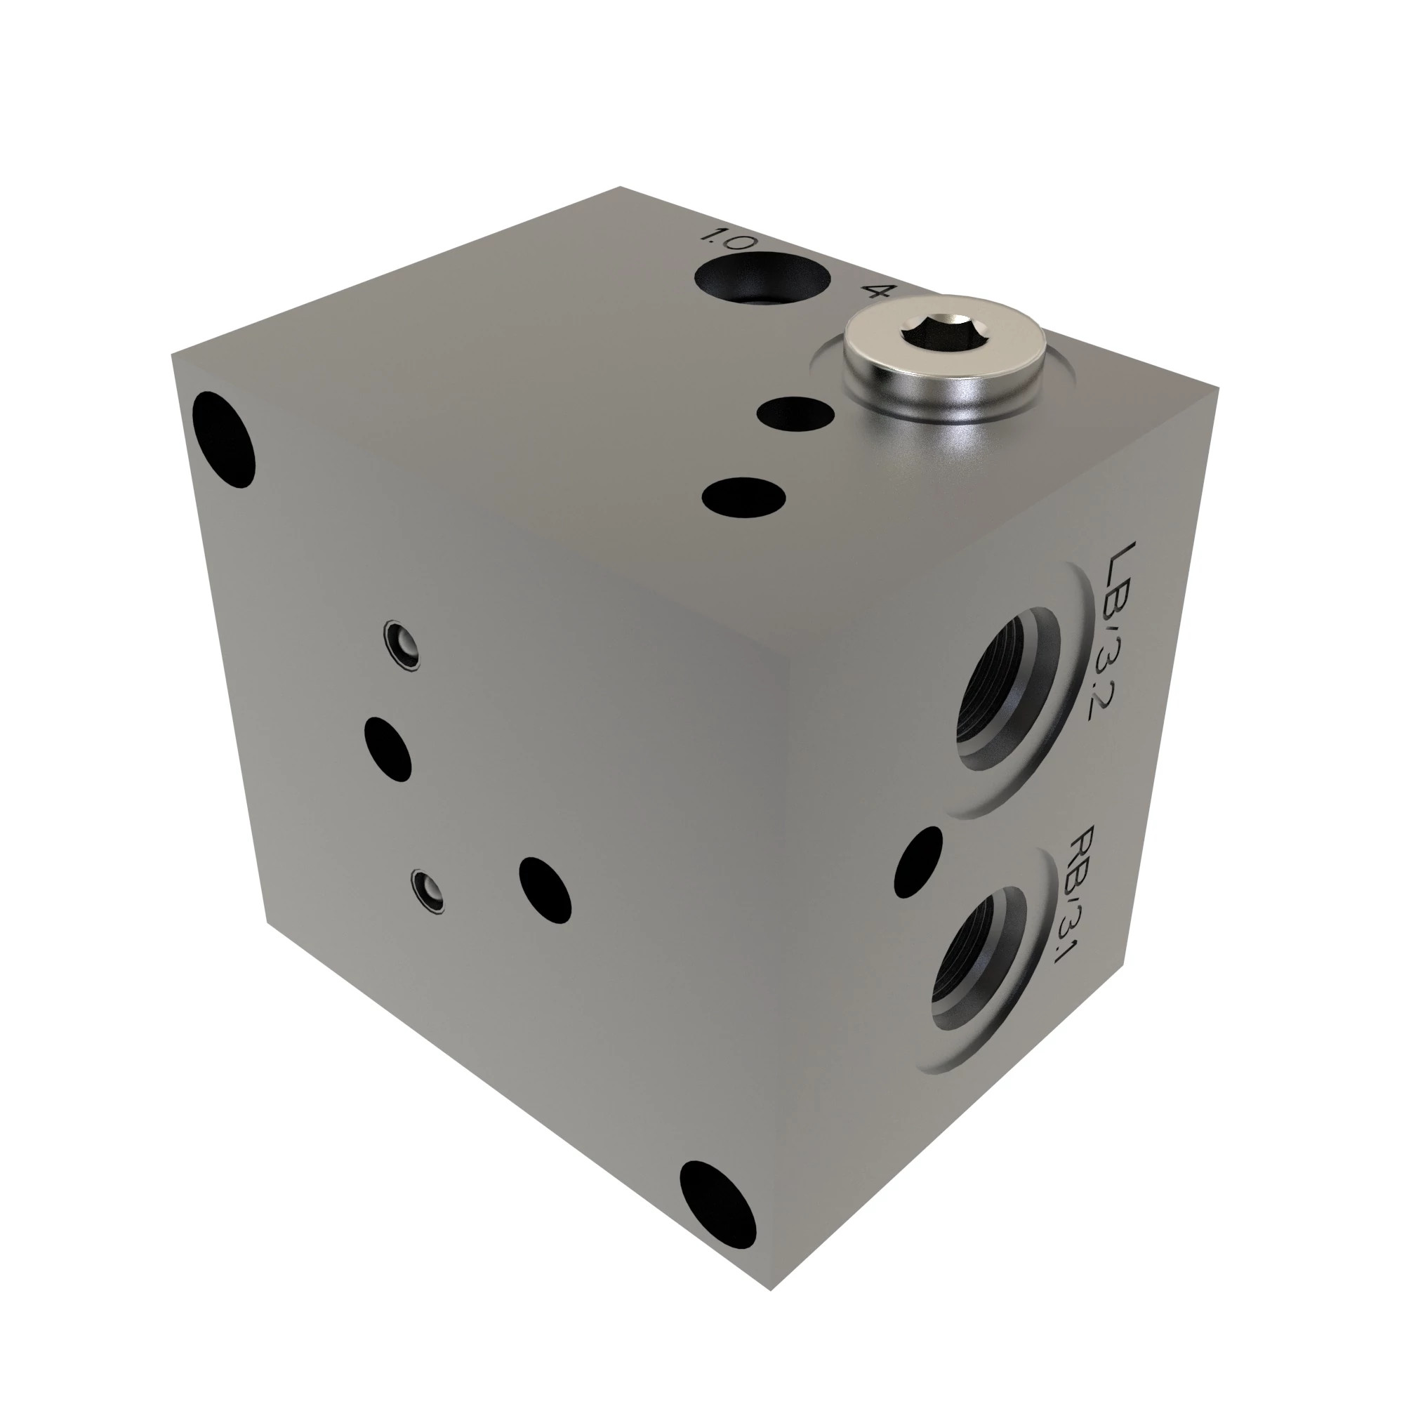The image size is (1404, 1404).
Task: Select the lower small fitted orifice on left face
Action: (x=428, y=889)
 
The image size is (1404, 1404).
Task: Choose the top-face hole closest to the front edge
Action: (x=744, y=496)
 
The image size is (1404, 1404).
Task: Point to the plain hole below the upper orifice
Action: (x=388, y=749)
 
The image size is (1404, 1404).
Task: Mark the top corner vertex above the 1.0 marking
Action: (x=620, y=187)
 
